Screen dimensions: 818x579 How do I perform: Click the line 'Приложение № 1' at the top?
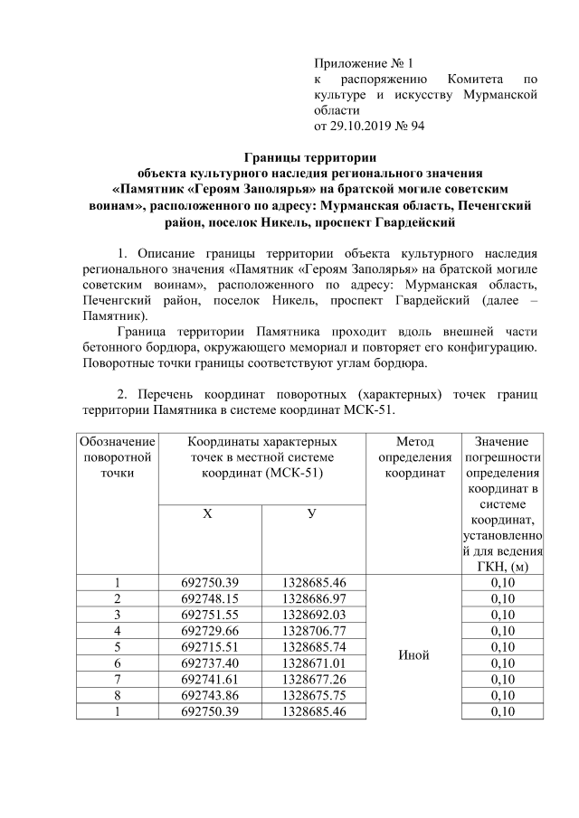point(362,63)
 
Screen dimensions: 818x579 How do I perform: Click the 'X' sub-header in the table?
point(209,513)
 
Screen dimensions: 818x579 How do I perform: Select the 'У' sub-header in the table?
point(312,513)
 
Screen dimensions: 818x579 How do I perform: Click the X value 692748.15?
point(210,598)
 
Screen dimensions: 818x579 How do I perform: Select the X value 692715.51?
point(210,647)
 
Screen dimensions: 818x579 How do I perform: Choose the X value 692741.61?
point(210,680)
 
